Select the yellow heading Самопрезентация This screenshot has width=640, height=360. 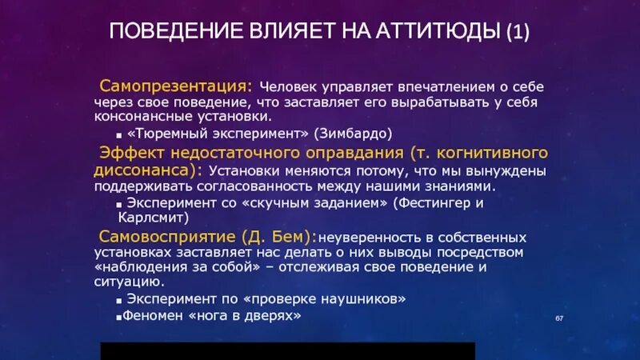pos(175,85)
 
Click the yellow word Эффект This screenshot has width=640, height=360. pos(129,152)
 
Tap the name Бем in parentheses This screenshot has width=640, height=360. pos(292,237)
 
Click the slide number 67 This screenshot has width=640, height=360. pos(560,319)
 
